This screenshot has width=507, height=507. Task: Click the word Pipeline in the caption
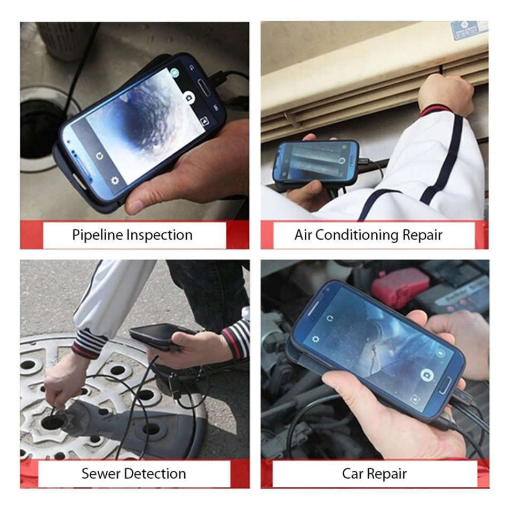tap(98, 235)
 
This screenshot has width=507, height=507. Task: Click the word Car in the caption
tap(353, 473)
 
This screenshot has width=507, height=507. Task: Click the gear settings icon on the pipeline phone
tap(115, 180)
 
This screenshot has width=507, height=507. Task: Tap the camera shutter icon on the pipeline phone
tap(188, 97)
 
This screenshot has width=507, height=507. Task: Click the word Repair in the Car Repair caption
tap(389, 473)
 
